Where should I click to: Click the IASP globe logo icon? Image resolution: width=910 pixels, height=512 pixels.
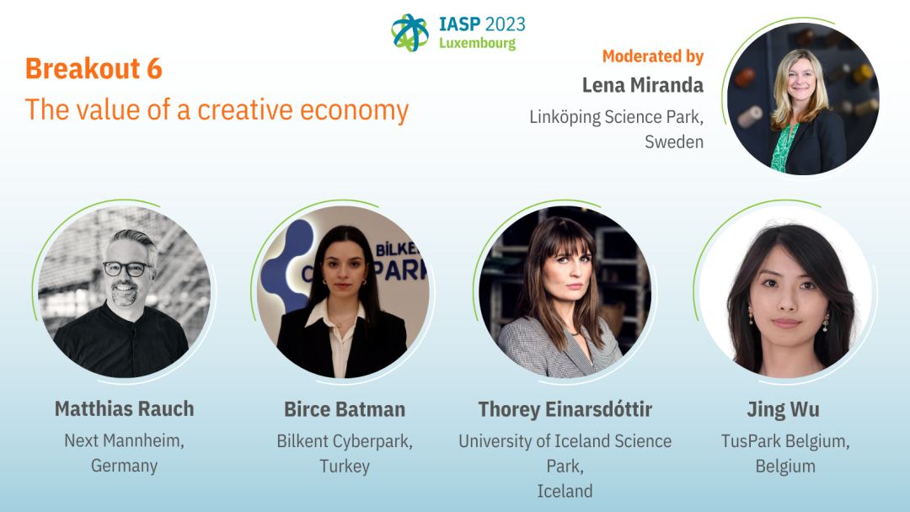point(409,33)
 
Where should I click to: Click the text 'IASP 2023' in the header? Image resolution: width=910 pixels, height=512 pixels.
point(482,24)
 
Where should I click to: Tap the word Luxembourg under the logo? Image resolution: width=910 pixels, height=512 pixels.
point(477,44)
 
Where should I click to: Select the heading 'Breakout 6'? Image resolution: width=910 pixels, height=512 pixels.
point(94,68)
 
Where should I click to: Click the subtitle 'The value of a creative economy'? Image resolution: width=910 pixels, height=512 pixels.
point(217,109)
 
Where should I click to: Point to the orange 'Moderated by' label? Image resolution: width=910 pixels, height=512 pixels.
point(653,56)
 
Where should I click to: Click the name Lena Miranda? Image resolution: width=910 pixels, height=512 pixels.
point(643,85)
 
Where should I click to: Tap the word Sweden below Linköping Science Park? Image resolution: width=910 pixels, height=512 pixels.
point(674,141)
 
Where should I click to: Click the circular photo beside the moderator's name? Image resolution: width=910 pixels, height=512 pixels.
point(803,99)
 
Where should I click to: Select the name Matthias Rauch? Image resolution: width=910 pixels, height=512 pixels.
point(124,408)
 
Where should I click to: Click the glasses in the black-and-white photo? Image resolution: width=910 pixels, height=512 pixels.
point(127,269)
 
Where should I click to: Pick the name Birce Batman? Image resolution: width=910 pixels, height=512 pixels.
point(345,409)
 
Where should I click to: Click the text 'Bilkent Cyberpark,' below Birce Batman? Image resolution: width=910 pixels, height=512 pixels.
point(345,441)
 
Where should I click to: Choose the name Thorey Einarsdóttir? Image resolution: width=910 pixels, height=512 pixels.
point(565,409)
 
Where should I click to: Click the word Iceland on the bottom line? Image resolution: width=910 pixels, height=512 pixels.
point(565,491)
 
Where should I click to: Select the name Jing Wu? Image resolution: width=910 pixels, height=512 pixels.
point(784,409)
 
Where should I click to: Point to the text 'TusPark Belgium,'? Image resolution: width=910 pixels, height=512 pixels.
point(785,441)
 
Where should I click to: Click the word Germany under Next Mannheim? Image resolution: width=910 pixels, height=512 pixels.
point(124,466)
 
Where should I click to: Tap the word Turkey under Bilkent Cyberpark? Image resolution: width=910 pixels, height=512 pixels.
point(345,467)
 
